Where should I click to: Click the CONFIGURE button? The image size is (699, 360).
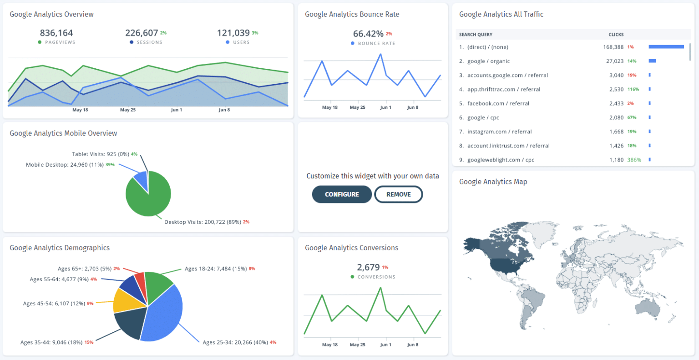(x=342, y=194)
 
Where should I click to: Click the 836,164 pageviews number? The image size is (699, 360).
(x=56, y=33)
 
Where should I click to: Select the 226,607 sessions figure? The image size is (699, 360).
(x=142, y=33)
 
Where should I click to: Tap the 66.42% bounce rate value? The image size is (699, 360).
(x=368, y=34)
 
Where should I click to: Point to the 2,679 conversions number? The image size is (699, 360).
(x=368, y=267)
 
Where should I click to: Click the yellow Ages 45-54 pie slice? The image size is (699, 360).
(x=122, y=301)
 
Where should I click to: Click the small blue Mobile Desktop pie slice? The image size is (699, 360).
(x=141, y=181)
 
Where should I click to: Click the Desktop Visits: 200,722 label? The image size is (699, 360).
(x=203, y=222)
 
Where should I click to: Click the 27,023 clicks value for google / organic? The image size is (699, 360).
(x=614, y=61)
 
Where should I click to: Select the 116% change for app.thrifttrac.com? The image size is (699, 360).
(x=633, y=89)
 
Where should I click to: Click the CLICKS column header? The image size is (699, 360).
(x=616, y=35)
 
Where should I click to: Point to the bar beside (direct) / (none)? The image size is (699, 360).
(x=666, y=47)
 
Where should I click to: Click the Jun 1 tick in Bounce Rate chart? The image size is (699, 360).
(x=385, y=107)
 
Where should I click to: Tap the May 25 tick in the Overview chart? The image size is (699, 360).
(x=128, y=110)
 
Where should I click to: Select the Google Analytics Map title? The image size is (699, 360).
(x=493, y=182)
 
